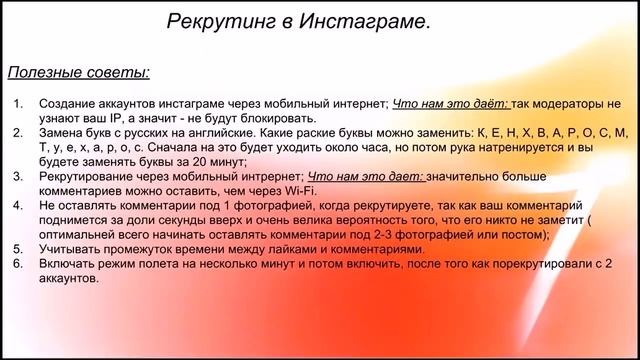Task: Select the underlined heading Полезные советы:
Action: click(x=80, y=72)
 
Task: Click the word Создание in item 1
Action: click(x=67, y=104)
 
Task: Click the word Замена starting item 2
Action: click(x=62, y=133)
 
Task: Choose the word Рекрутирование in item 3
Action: click(x=87, y=176)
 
